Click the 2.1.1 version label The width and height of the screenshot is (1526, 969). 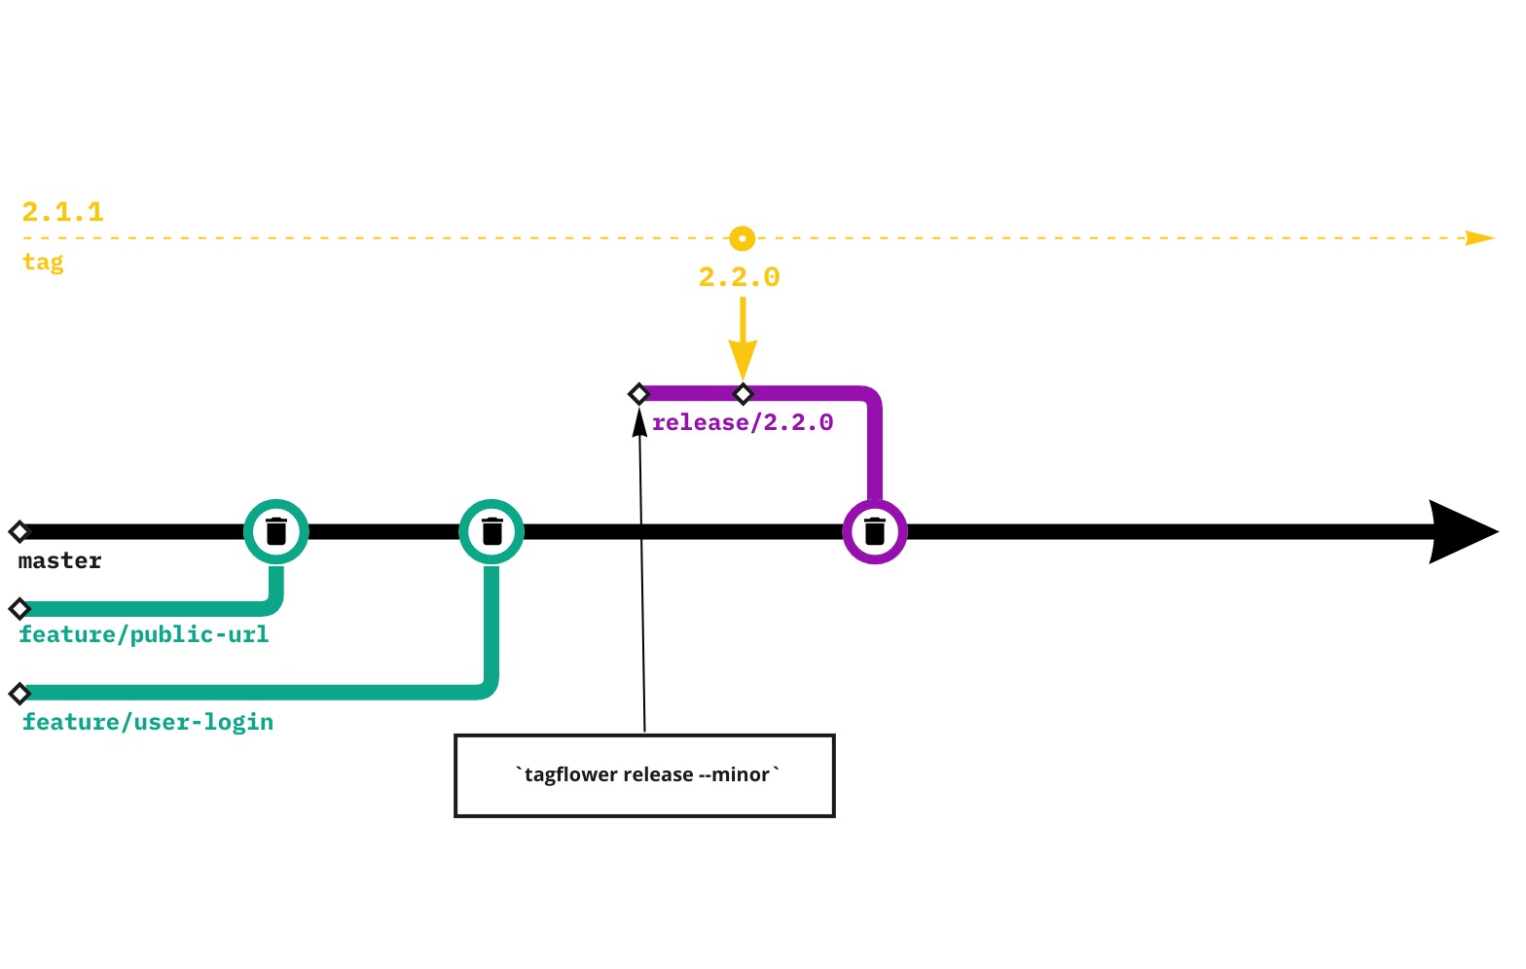pos(63,212)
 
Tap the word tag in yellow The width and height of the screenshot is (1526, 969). pos(44,262)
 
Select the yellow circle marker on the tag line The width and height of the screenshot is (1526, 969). pos(743,238)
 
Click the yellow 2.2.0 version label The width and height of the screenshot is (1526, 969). pos(740,277)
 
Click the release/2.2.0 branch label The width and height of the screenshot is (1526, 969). pos(743,422)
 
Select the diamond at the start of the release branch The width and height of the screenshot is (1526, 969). pos(638,394)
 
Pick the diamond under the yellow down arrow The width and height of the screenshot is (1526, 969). pos(744,394)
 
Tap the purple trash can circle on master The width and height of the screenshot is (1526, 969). pos(875,531)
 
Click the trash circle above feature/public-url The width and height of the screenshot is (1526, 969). pos(276,531)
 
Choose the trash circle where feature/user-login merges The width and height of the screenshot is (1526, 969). pos(491,531)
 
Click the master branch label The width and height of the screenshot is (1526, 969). pos(60,560)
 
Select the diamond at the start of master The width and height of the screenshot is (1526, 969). pos(19,531)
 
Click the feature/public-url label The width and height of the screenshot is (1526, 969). pos(144,634)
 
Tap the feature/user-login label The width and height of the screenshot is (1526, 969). pos(148,722)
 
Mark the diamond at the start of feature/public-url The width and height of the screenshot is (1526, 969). pos(19,609)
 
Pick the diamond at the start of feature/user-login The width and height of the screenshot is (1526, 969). pos(19,694)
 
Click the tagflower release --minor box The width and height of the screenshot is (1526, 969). pos(644,775)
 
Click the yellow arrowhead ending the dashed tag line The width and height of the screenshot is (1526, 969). pos(1479,238)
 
